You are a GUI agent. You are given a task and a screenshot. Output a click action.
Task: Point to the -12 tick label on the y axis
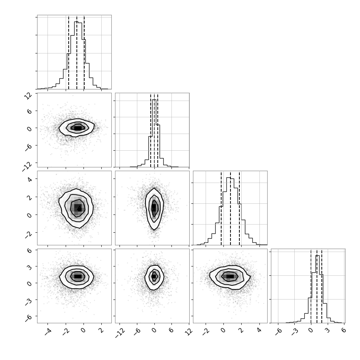27,166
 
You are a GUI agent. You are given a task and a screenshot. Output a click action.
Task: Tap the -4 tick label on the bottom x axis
48,331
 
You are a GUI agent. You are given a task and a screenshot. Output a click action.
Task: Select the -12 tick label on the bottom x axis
120,333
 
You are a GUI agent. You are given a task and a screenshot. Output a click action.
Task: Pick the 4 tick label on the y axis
30,179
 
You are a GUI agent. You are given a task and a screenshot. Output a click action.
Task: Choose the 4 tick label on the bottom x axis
259,330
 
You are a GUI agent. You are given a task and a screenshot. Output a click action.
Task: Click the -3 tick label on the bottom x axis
295,331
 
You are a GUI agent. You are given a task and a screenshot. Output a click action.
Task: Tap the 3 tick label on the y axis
30,266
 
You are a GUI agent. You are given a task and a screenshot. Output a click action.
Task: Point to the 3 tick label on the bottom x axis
327,330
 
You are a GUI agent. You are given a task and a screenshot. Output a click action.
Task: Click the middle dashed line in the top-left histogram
77,52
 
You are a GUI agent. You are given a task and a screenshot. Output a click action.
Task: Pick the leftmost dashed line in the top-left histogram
69,52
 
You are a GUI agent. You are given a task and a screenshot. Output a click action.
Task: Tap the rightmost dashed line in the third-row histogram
239,208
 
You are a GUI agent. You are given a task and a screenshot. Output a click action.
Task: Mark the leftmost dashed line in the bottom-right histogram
311,286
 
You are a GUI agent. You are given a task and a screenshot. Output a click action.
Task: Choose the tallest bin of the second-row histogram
154,133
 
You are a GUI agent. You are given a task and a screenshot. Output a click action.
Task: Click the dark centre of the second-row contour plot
78,128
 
